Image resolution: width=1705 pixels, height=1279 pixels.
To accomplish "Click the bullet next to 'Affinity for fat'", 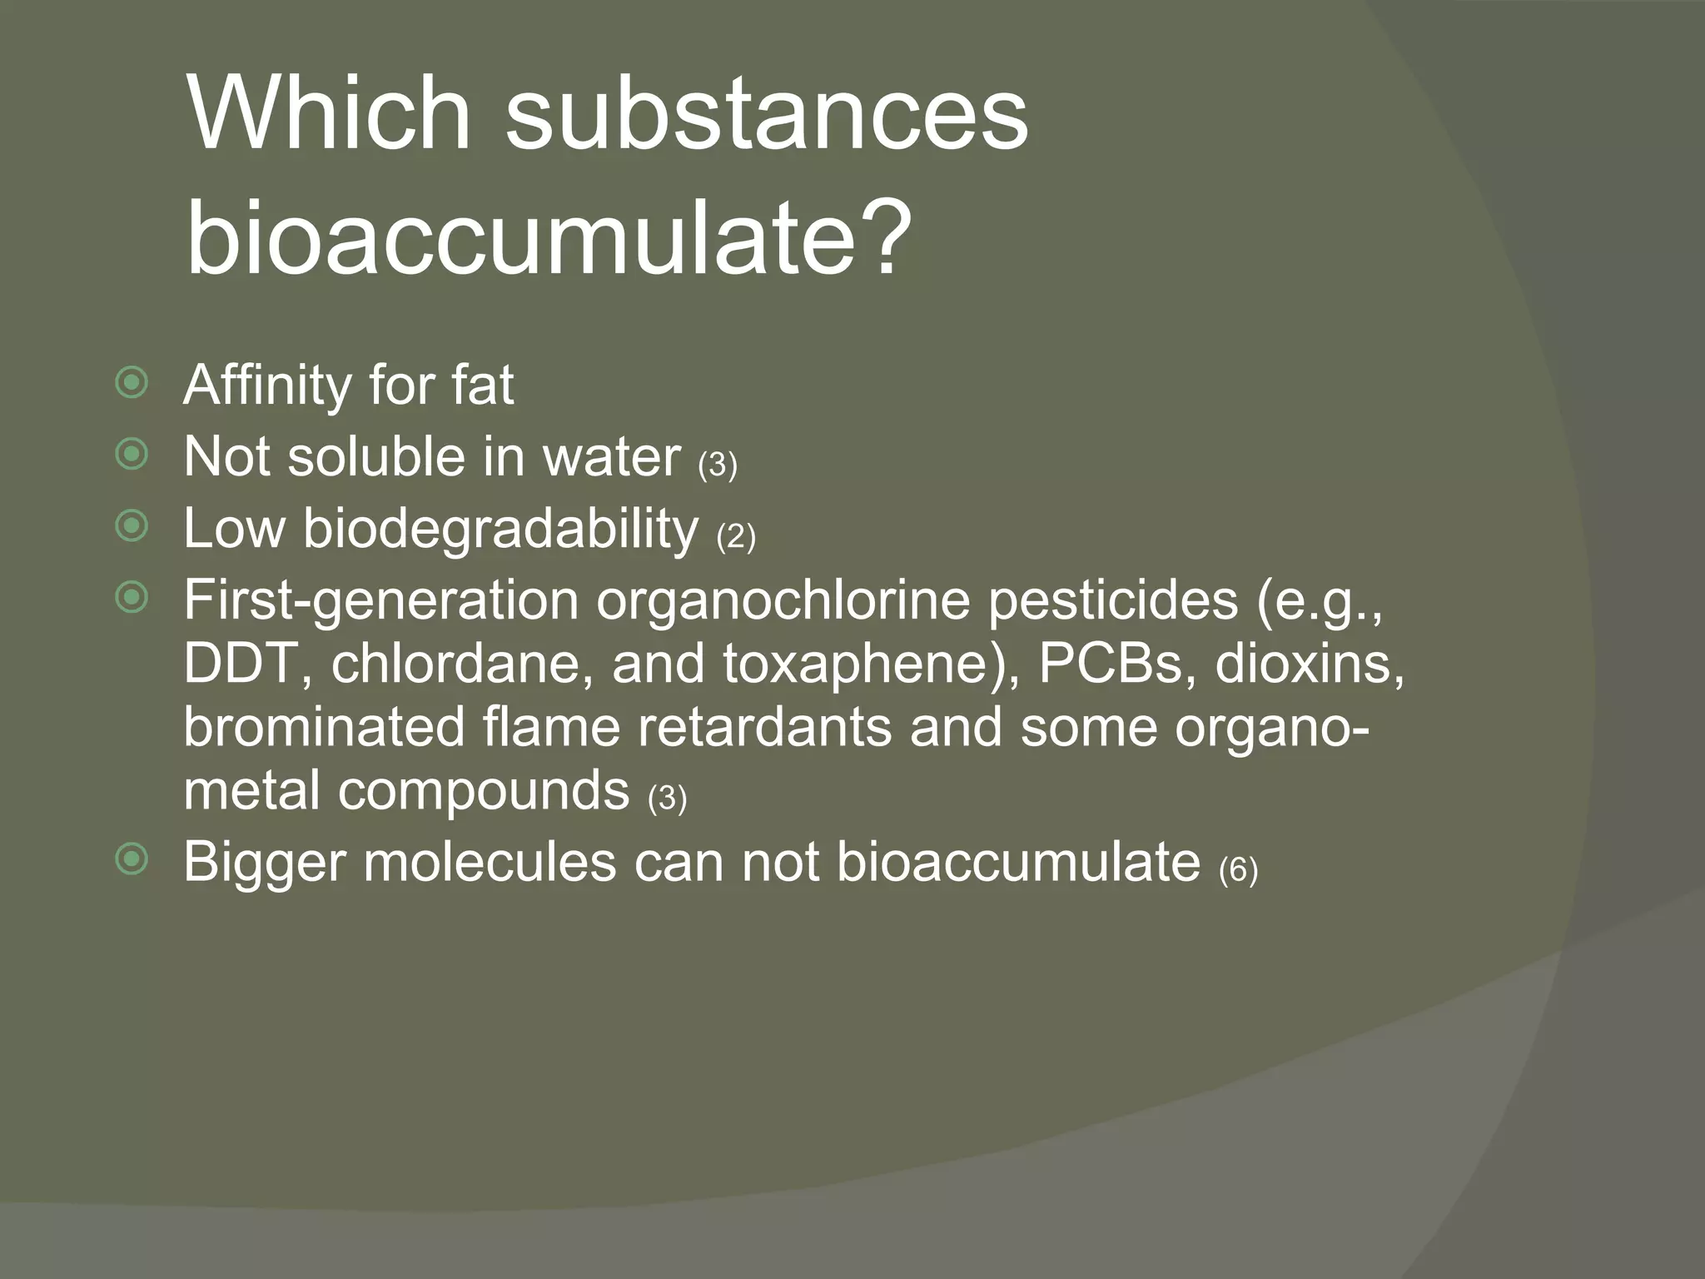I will point(132,384).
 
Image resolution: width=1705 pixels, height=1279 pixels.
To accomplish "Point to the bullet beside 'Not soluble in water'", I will point(132,455).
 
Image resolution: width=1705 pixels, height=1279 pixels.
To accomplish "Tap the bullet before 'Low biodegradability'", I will point(132,526).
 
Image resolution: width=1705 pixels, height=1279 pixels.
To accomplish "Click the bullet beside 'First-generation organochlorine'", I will point(132,598).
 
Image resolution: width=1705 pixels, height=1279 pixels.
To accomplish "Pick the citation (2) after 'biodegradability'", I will point(736,536).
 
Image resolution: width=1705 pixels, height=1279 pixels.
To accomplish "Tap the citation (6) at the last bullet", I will point(1238,870).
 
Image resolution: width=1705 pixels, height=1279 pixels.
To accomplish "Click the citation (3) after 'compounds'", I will point(667,799).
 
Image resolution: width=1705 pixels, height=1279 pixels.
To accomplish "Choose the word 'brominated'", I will point(324,727).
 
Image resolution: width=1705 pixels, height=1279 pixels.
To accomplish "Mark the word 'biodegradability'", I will point(500,529).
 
